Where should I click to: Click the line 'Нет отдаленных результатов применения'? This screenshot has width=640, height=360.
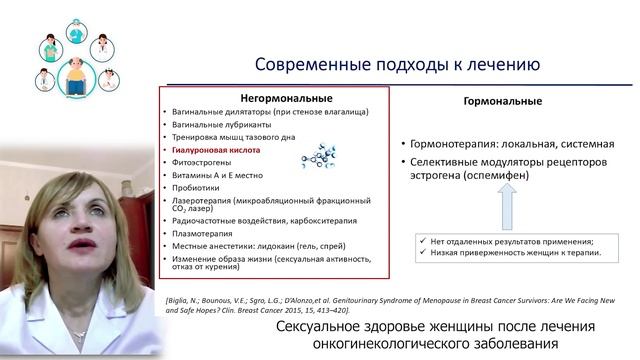pyautogui.click(x=511, y=242)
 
